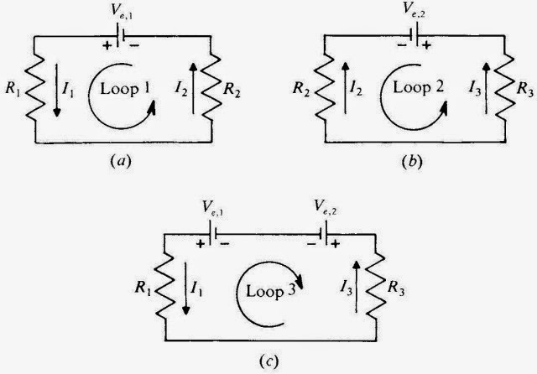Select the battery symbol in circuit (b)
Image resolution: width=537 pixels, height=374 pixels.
[416, 36]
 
